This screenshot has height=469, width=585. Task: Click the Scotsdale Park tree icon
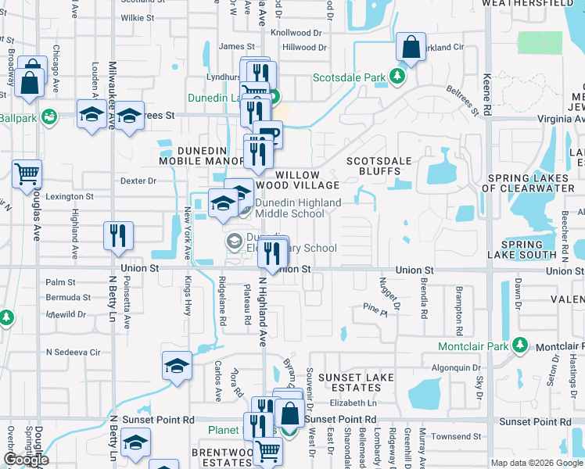click(398, 77)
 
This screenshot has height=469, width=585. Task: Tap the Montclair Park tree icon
click(519, 345)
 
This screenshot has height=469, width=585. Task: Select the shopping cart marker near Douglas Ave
click(27, 174)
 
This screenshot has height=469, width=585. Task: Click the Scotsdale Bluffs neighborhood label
click(379, 166)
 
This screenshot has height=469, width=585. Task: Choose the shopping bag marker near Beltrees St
click(411, 47)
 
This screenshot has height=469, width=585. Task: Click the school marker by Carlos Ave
click(178, 366)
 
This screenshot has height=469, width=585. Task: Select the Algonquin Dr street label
click(456, 367)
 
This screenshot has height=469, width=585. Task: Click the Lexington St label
click(70, 197)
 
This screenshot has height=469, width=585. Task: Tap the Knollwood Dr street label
click(296, 34)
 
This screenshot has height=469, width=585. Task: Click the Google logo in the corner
click(26, 460)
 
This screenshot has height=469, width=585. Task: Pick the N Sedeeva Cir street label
click(74, 352)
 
